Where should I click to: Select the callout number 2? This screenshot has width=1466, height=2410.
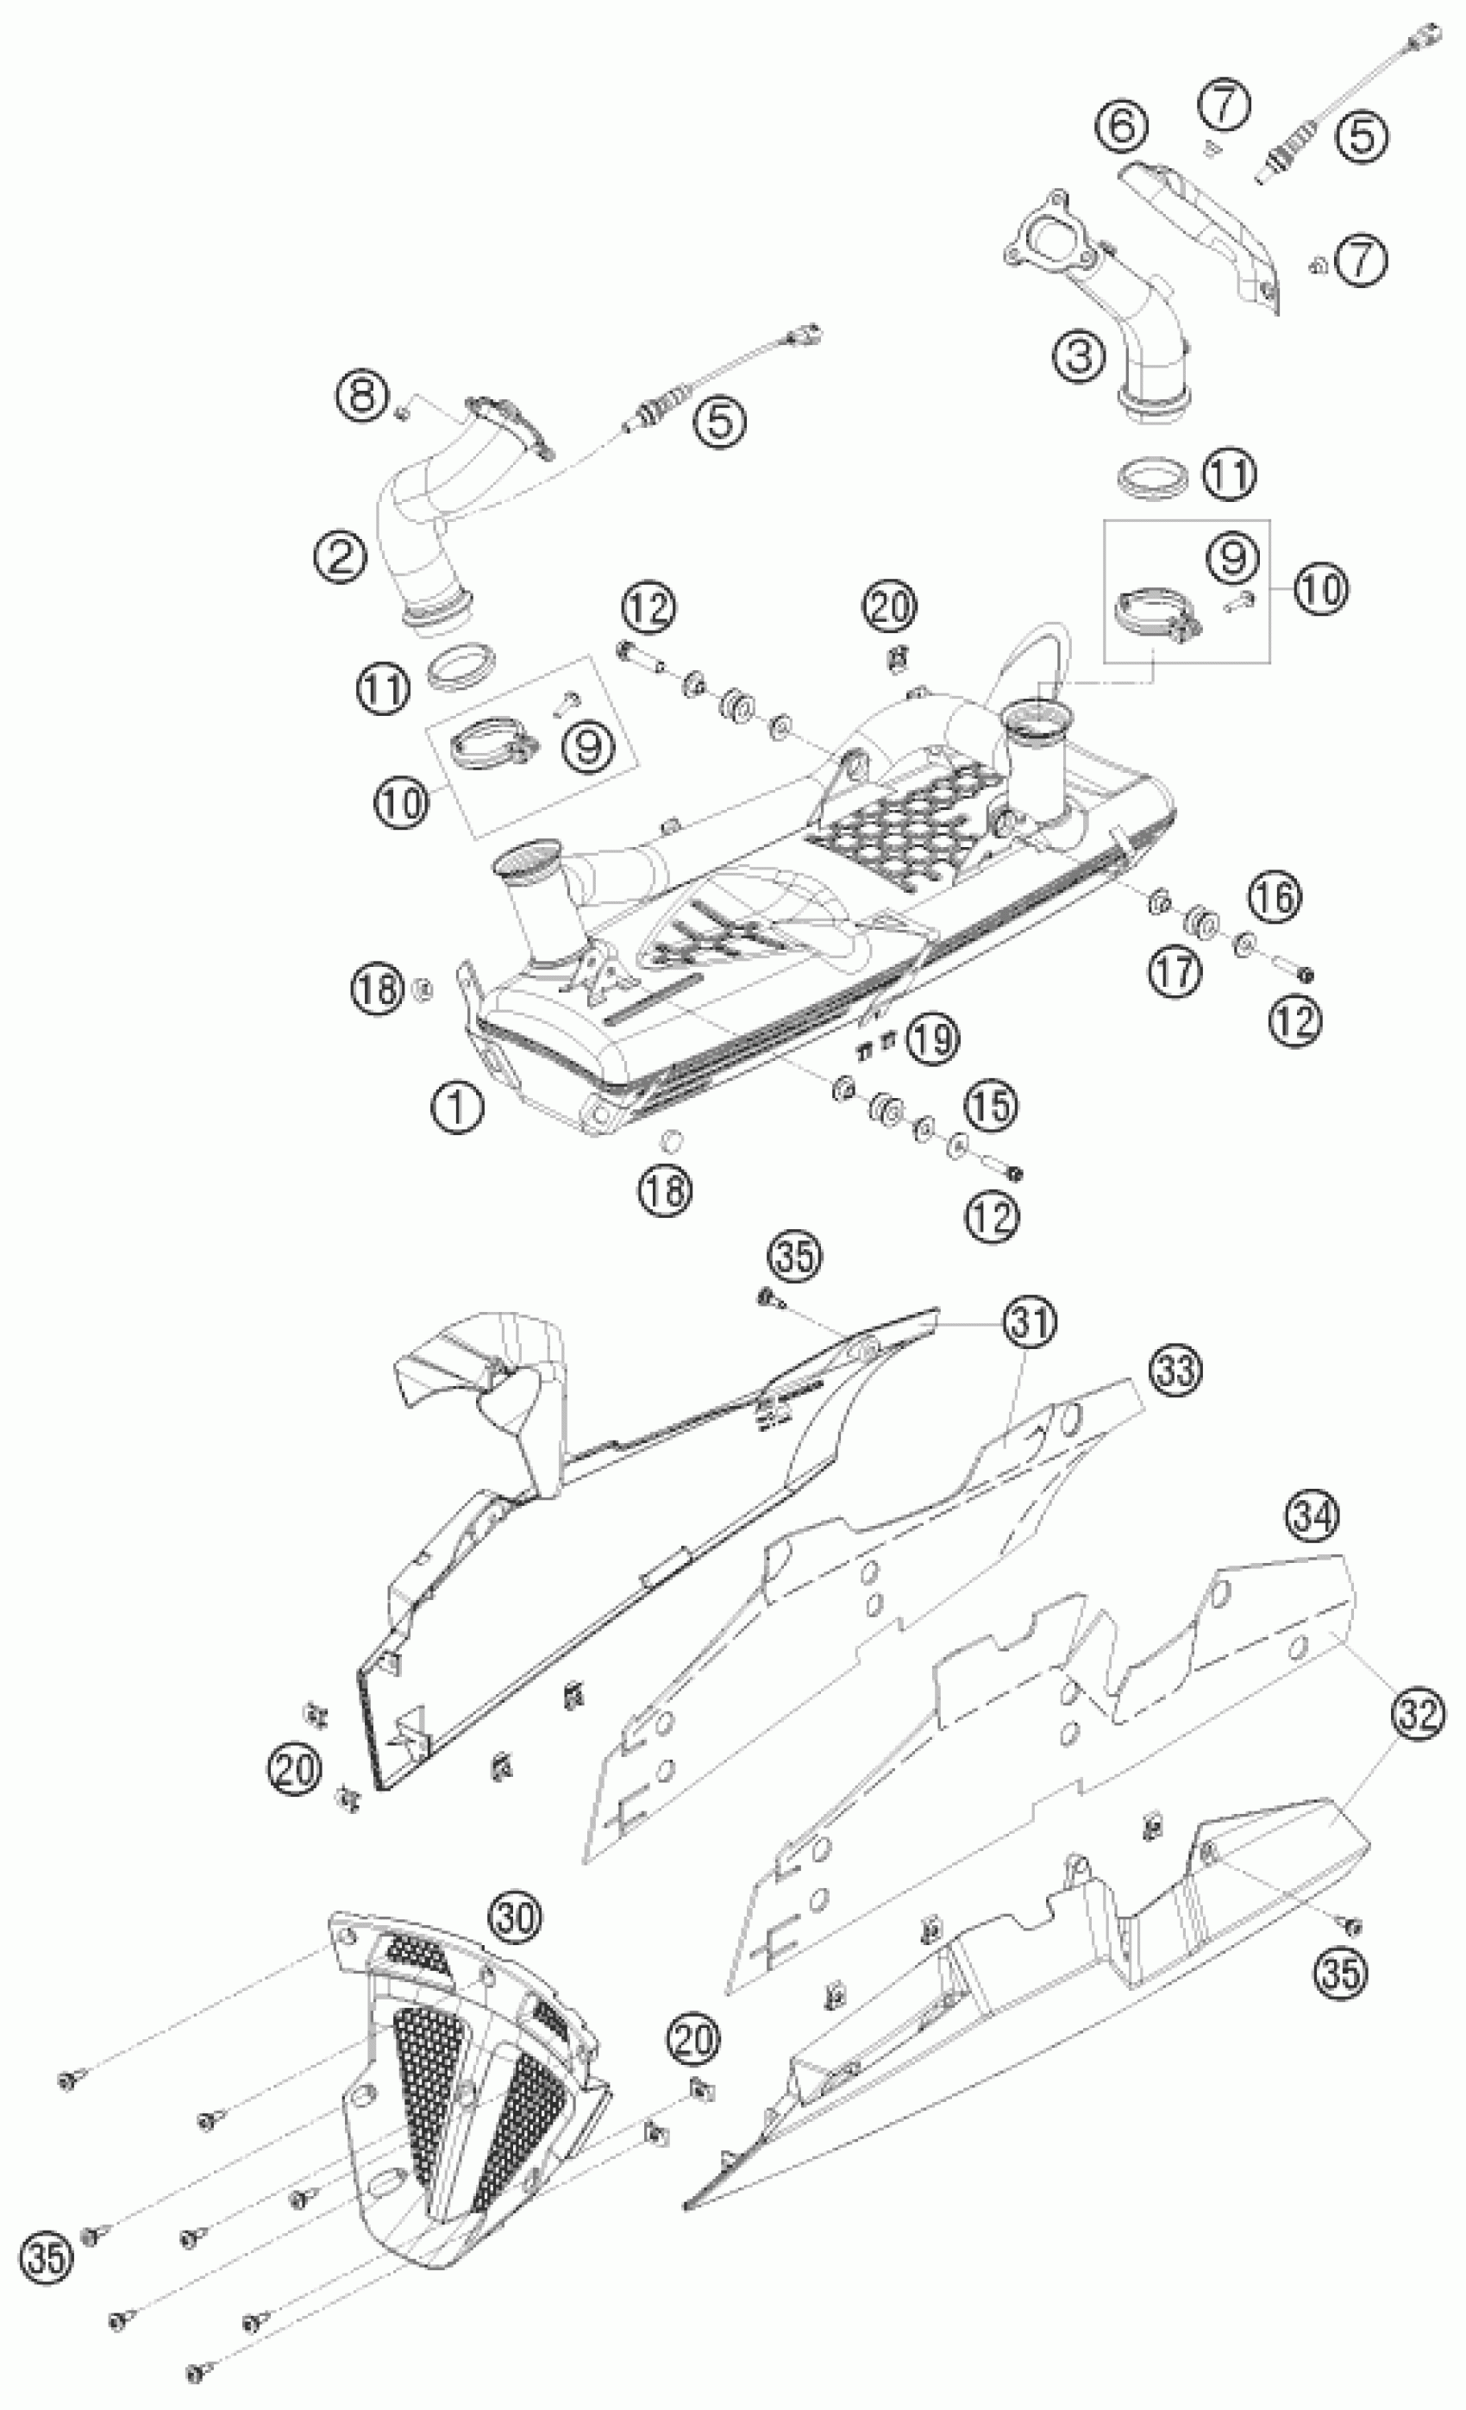click(341, 557)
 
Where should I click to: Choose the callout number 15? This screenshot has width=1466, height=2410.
click(991, 1104)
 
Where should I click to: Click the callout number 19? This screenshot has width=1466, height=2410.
click(933, 1039)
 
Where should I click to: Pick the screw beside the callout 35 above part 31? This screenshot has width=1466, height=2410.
click(767, 1298)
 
